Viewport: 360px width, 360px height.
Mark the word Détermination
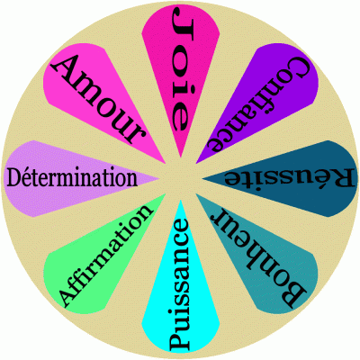pos(72,178)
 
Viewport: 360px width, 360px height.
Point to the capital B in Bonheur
pos(293,294)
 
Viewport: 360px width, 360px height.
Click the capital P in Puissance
pos(179,341)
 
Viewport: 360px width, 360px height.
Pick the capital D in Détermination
pos(14,178)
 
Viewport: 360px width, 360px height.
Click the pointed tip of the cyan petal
pos(181,201)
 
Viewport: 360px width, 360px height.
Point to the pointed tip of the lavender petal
pos(158,178)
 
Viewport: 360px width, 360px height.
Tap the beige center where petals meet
pos(181,179)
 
